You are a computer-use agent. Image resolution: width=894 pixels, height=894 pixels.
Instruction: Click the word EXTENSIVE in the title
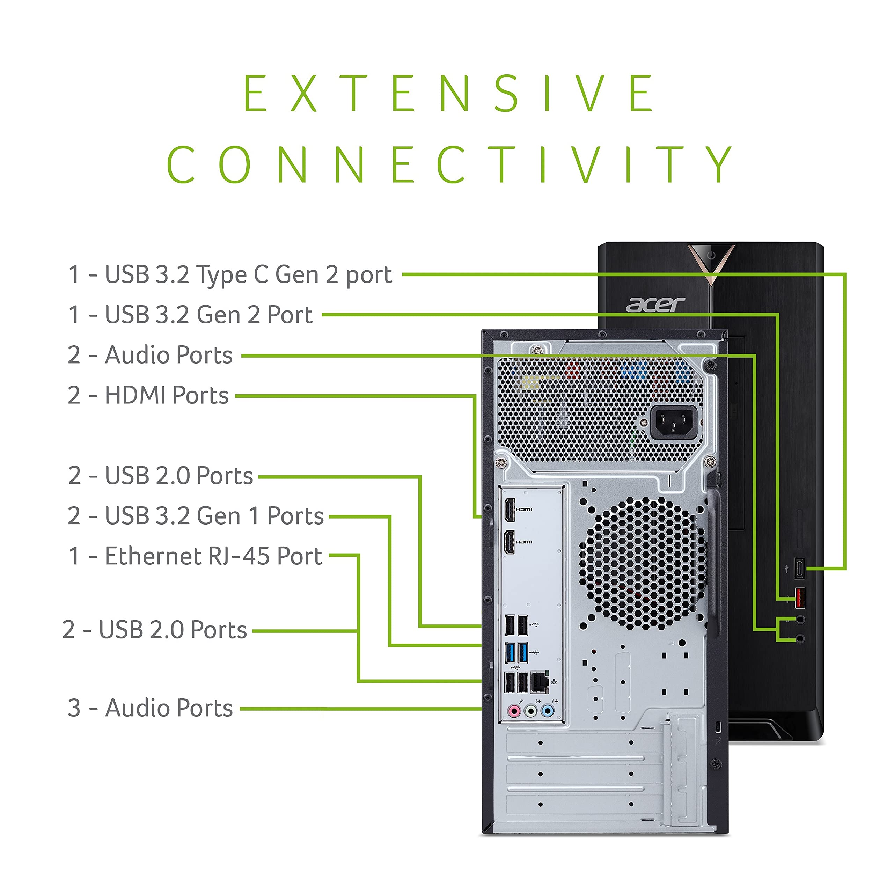(x=448, y=94)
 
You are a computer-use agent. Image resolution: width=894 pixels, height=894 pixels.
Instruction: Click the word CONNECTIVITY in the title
(x=448, y=165)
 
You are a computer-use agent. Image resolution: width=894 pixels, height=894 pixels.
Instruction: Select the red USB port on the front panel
(x=799, y=598)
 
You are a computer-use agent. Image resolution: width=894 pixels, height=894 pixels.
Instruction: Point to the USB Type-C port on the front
(x=799, y=569)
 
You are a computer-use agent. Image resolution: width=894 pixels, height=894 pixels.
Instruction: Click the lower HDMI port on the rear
(x=510, y=542)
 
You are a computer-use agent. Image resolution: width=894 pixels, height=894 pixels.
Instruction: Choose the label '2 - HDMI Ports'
(x=148, y=396)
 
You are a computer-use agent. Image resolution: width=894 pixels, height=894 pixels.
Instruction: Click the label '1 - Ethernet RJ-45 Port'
(x=195, y=556)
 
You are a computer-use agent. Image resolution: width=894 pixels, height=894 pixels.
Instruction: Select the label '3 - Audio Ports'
(x=150, y=708)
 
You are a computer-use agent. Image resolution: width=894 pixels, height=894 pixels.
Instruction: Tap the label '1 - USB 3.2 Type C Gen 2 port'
(x=230, y=275)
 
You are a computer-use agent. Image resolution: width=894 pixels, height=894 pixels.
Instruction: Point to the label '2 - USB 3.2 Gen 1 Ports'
(x=195, y=516)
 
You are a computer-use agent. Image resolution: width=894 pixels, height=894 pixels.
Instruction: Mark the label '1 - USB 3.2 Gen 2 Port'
(x=190, y=315)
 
